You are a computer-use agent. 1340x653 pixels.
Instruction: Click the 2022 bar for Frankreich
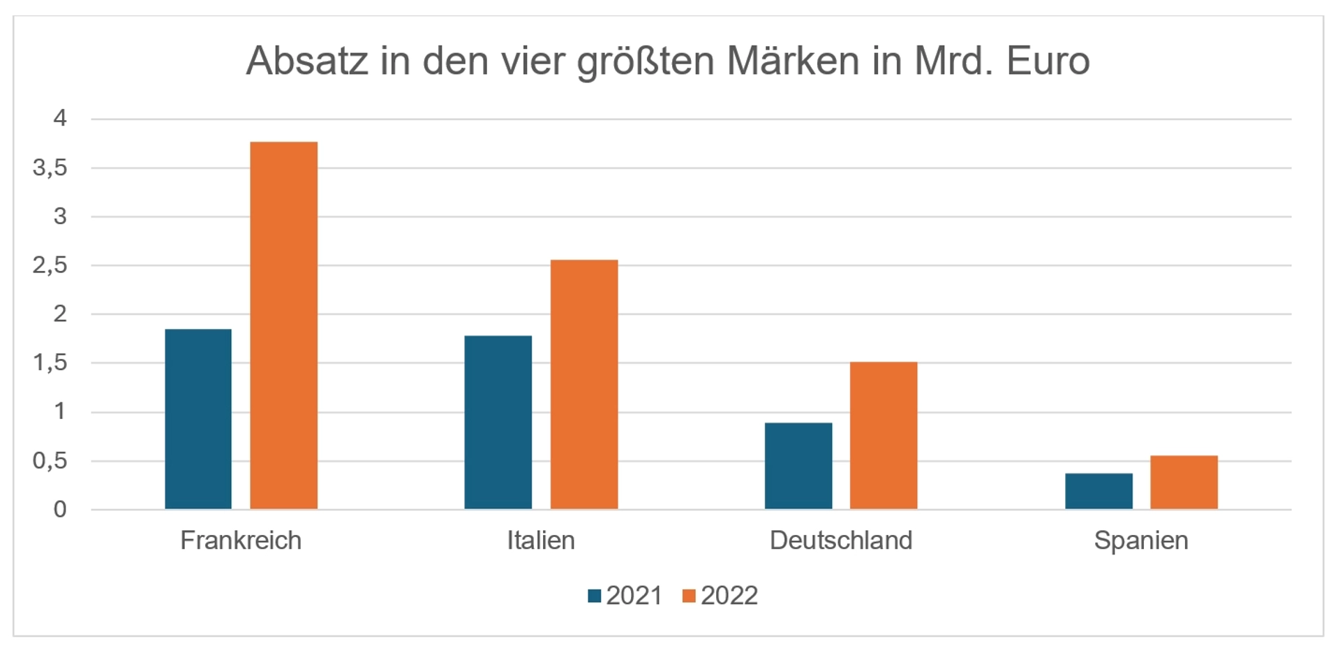point(283,325)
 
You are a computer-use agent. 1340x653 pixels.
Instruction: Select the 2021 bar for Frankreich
point(198,419)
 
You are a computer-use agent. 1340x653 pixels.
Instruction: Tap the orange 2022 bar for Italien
point(583,384)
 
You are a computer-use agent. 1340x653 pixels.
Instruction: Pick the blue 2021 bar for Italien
point(498,423)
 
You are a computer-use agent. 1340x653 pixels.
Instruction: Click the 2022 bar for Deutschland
point(883,435)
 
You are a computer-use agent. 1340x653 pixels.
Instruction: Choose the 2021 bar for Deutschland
point(798,466)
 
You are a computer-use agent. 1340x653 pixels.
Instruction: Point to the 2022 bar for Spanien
point(1184,482)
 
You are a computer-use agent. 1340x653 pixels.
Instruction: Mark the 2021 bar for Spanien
point(1099,491)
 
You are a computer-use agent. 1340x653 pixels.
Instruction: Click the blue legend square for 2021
point(595,596)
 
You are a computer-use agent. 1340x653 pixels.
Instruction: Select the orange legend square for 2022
point(689,596)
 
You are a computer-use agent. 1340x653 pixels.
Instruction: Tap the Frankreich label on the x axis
point(241,541)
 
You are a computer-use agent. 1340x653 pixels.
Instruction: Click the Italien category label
point(541,541)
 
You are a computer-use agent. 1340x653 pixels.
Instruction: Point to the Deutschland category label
point(841,541)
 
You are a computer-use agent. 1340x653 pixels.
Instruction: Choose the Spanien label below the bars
point(1141,541)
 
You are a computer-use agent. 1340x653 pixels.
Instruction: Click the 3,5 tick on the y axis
point(50,168)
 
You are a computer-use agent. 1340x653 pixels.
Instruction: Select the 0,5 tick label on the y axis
point(50,461)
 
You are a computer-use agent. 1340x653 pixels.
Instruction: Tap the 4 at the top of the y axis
point(60,118)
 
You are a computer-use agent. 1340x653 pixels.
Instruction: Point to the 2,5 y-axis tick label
point(50,265)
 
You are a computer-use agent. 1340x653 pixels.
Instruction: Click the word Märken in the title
point(793,61)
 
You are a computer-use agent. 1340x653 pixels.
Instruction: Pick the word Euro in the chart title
point(1048,61)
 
